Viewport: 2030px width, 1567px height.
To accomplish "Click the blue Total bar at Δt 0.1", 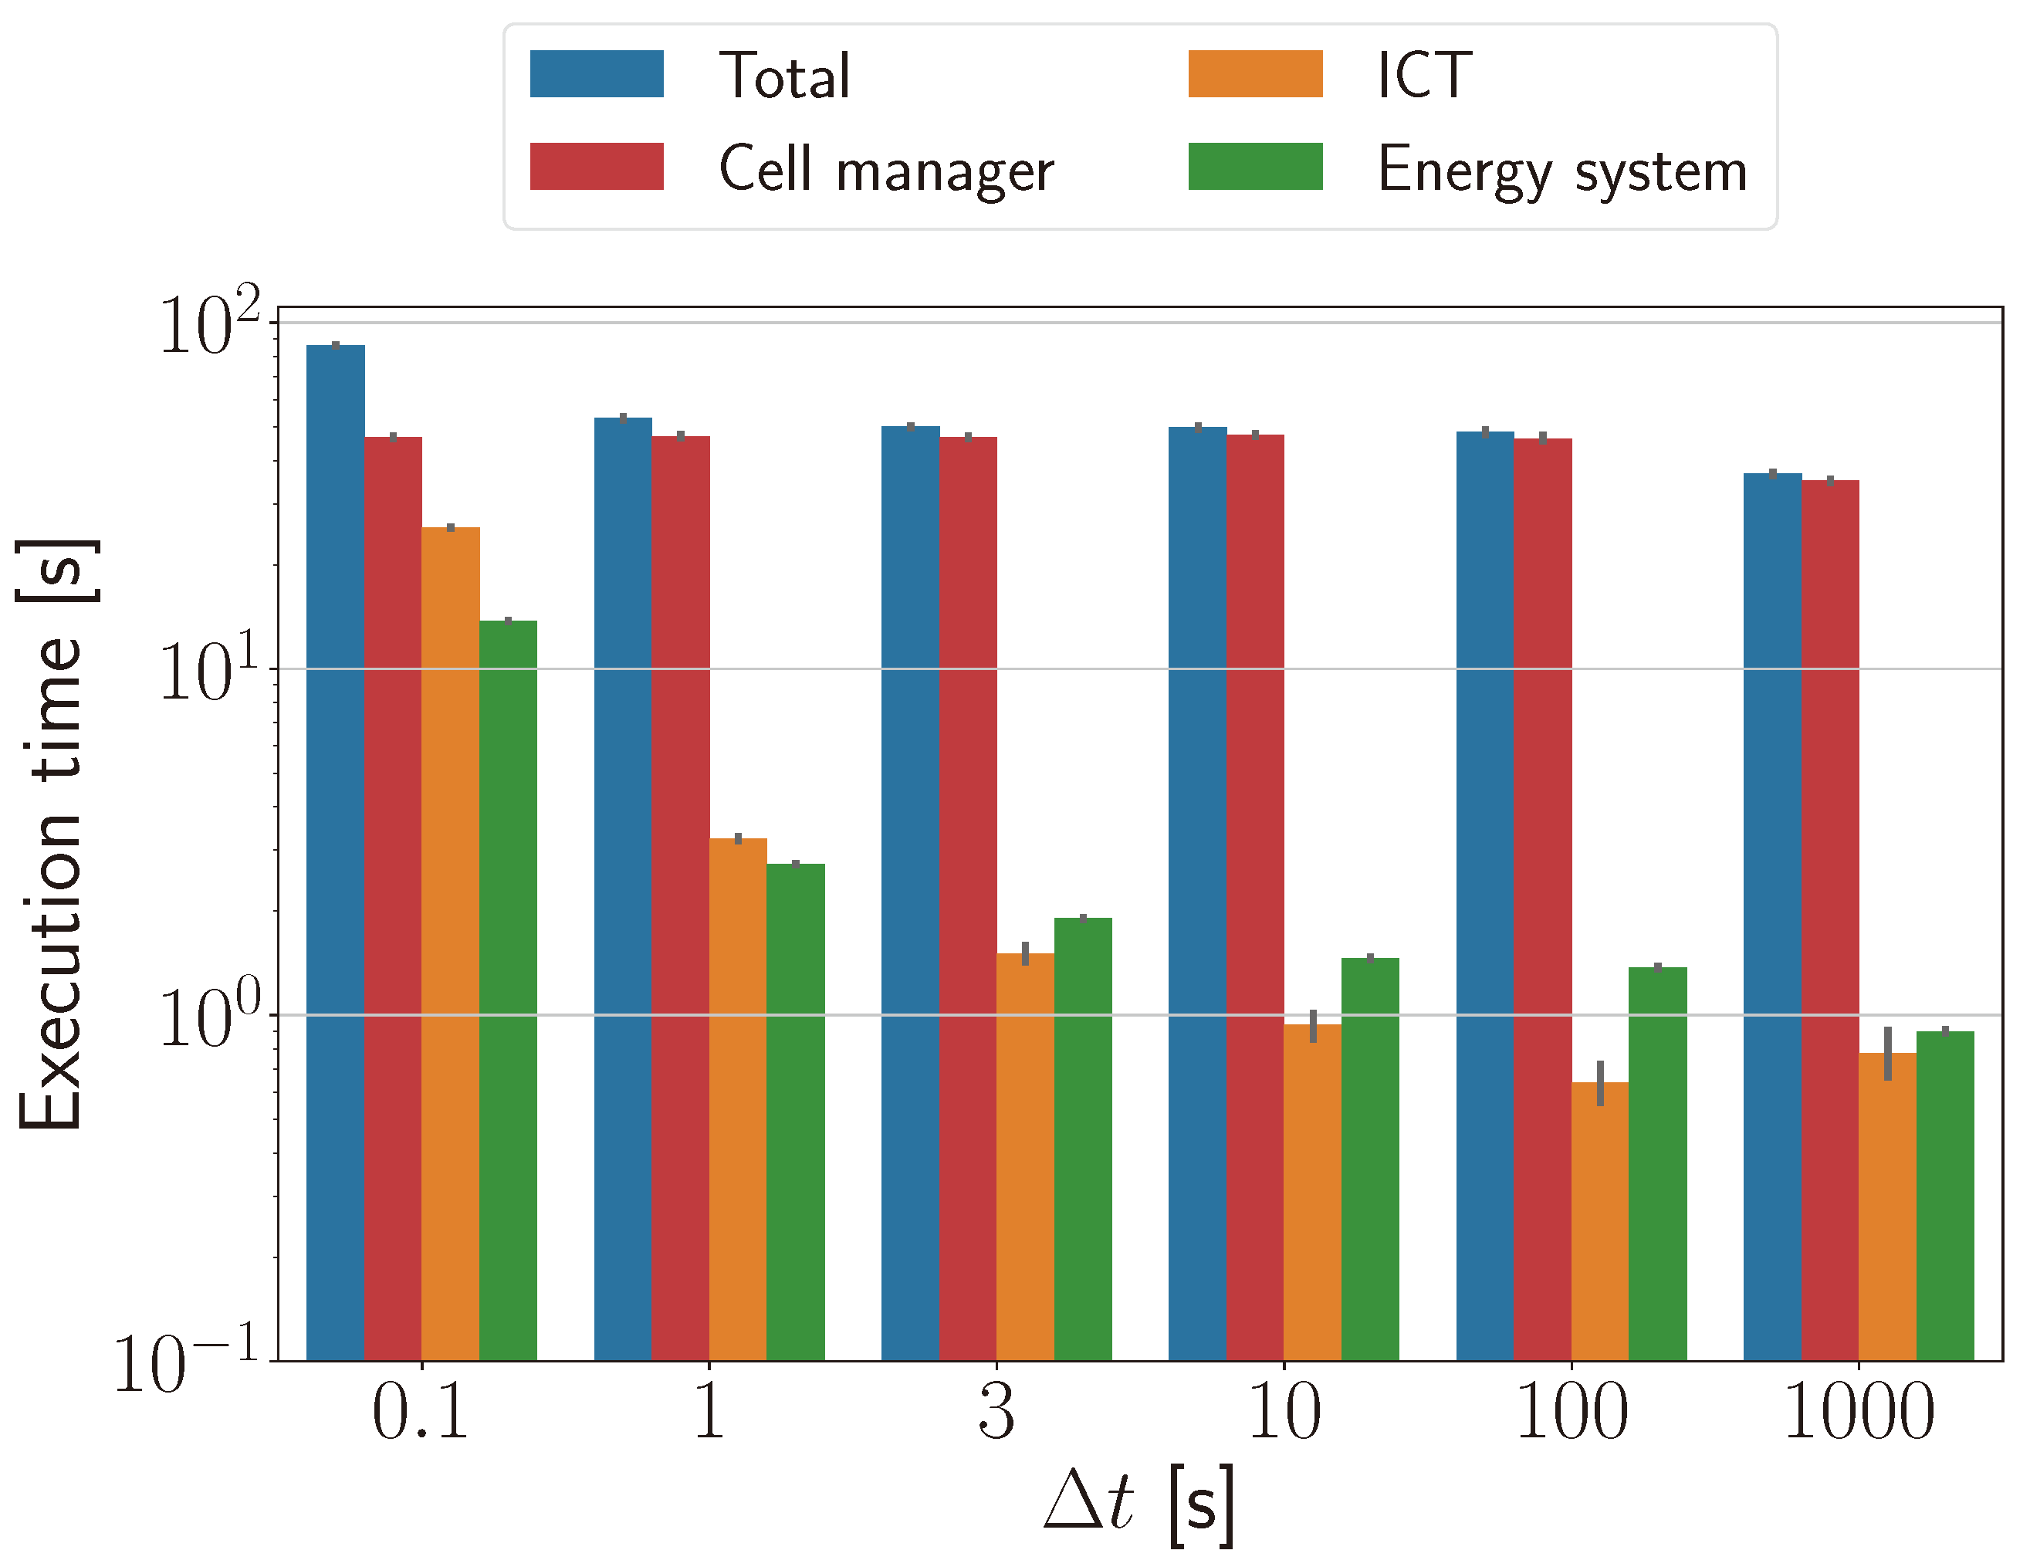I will click(336, 852).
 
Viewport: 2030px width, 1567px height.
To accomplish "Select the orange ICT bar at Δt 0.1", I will click(451, 943).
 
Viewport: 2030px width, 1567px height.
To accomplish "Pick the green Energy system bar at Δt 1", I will click(796, 1112).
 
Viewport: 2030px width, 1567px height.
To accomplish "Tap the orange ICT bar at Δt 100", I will click(1599, 1220).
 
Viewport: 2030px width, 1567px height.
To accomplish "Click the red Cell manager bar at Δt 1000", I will click(1830, 920).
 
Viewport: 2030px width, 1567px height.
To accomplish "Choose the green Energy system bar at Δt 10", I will click(1370, 1159).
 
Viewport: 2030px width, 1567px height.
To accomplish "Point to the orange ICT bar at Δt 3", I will click(1025, 1156).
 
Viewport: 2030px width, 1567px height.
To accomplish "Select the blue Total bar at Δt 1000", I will click(1772, 916).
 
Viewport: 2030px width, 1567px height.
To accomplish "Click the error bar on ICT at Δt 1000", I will click(1888, 1054).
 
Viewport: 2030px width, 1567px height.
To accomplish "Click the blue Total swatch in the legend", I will click(597, 73).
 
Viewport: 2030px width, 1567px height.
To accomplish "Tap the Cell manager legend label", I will click(886, 169).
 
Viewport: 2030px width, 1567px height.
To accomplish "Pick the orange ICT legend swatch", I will click(1255, 73).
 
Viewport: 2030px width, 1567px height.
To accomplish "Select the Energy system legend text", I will click(1561, 169).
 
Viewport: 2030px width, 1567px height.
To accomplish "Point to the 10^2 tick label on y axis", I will click(210, 325).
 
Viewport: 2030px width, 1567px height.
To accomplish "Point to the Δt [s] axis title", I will click(1139, 1504).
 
